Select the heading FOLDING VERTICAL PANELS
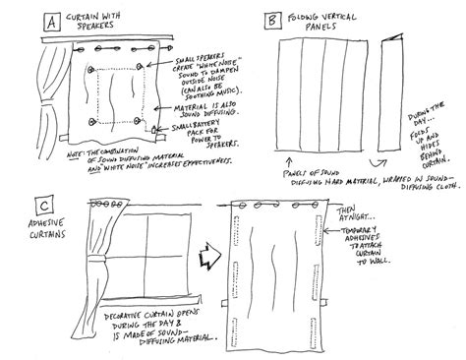[x=324, y=22]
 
